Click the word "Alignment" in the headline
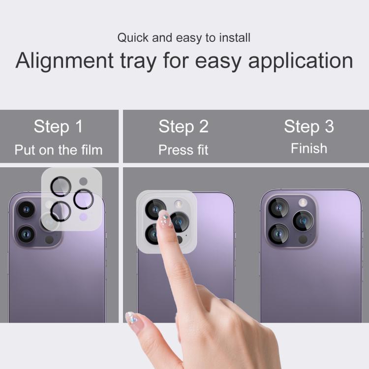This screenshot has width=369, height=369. click(65, 61)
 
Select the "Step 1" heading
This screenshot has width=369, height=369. click(59, 126)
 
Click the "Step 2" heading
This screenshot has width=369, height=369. click(184, 126)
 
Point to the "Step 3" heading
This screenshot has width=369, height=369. click(309, 126)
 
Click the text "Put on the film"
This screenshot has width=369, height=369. click(59, 150)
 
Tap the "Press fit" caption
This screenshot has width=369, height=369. click(184, 150)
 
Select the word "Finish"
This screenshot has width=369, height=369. click(309, 149)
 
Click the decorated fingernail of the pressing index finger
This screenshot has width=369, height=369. click(165, 219)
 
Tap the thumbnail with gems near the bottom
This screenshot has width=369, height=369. click(131, 319)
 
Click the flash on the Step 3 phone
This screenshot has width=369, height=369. click(303, 202)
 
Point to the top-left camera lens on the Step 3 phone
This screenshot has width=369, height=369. click(278, 208)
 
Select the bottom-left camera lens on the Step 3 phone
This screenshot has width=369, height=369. click(278, 234)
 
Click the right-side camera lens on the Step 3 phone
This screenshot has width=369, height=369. click(303, 221)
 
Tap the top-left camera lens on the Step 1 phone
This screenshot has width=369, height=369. click(26, 210)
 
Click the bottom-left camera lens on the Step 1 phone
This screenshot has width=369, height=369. click(26, 234)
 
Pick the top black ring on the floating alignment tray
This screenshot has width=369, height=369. click(61, 186)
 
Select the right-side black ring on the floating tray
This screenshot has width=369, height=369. click(84, 199)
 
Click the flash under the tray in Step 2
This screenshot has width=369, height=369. click(178, 204)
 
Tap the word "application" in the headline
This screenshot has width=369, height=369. click(301, 61)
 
